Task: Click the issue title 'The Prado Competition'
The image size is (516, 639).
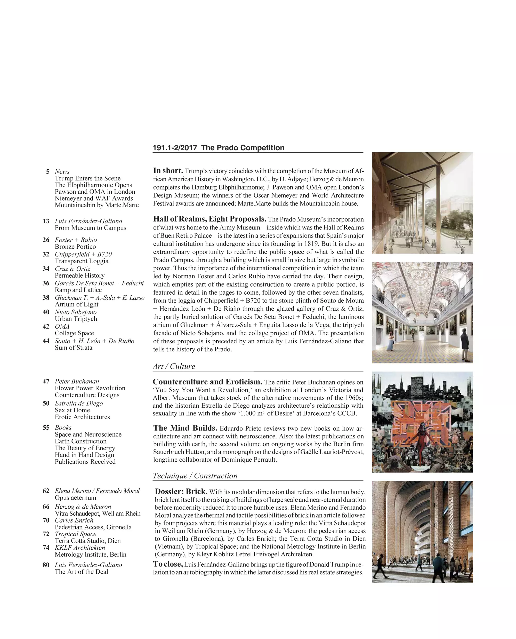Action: pyautogui.click(x=243, y=148)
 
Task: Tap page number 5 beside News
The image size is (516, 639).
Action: pyautogui.click(x=47, y=172)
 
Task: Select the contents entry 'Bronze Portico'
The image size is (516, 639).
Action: pyautogui.click(x=75, y=247)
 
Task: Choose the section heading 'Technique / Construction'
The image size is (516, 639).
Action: pyautogui.click(x=195, y=476)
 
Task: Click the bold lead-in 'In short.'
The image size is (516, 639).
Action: pyautogui.click(x=168, y=171)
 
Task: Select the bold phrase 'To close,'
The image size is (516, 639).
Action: pyautogui.click(x=168, y=564)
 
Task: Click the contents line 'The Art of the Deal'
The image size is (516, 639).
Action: pyautogui.click(x=81, y=572)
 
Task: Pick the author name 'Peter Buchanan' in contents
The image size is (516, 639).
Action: pyautogui.click(x=77, y=381)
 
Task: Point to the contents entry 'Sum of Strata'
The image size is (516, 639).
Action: pyautogui.click(x=74, y=348)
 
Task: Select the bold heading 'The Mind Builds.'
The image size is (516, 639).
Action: pyautogui.click(x=185, y=428)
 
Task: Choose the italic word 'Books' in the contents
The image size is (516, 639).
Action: pyautogui.click(x=63, y=428)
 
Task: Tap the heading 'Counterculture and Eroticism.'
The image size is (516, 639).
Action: pyautogui.click(x=207, y=382)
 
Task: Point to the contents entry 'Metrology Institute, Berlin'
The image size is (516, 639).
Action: pyautogui.click(x=90, y=555)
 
